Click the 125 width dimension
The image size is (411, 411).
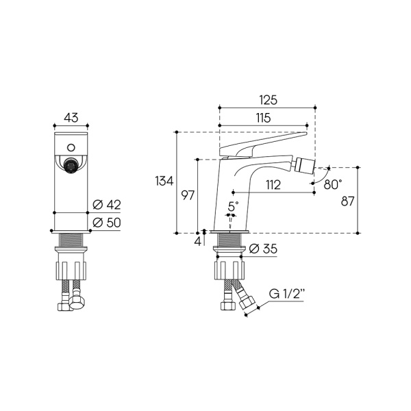[x=268, y=100]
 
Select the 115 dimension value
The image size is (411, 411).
[x=263, y=118]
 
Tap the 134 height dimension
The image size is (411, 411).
[x=164, y=181]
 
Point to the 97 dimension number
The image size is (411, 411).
[x=188, y=195]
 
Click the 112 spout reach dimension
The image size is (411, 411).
[x=273, y=185]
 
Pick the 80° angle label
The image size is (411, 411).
[x=333, y=184]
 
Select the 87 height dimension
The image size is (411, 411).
[x=347, y=201]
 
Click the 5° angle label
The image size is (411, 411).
[x=233, y=206]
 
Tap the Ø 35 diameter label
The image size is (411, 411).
[x=262, y=249]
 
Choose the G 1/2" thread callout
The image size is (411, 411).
[x=287, y=294]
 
